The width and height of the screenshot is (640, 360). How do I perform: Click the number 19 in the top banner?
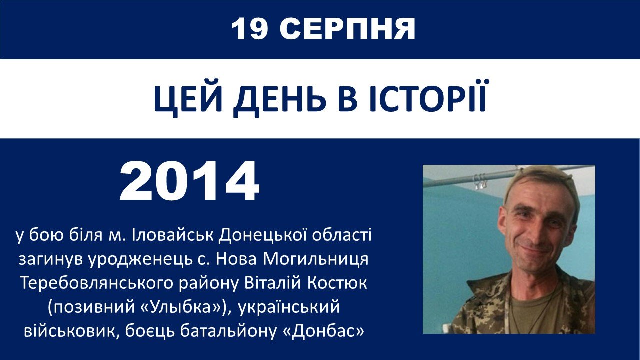[x=250, y=29]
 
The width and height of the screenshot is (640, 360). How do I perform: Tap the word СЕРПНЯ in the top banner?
[x=347, y=29]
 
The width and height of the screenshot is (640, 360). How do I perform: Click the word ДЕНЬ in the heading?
[x=280, y=100]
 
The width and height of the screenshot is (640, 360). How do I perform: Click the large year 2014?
[x=190, y=181]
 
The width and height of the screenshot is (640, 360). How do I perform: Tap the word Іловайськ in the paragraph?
[x=173, y=235]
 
